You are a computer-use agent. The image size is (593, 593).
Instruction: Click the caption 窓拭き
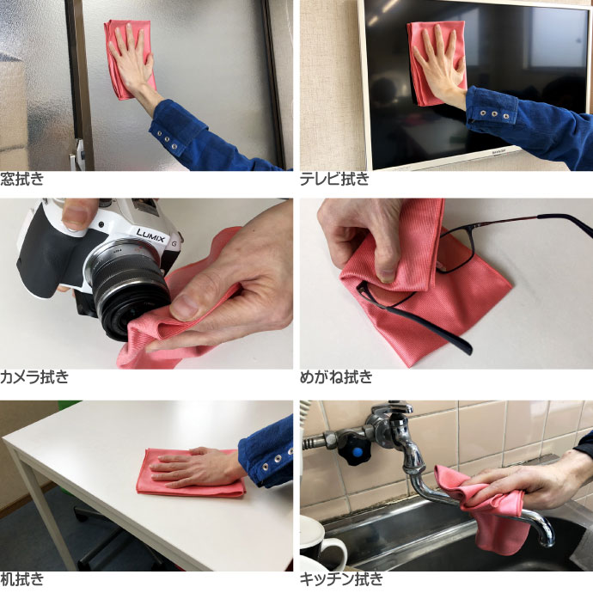(22, 179)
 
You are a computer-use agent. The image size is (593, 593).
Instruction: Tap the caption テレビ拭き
(334, 179)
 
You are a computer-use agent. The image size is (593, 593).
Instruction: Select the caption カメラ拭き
(34, 377)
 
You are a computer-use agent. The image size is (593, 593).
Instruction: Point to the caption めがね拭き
(336, 377)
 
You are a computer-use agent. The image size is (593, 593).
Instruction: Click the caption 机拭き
(22, 579)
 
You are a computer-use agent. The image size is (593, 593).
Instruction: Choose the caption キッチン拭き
(341, 579)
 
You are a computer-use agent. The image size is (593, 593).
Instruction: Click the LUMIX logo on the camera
(150, 235)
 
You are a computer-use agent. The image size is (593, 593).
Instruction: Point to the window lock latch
(78, 154)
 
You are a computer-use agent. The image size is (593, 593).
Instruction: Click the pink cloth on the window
(130, 59)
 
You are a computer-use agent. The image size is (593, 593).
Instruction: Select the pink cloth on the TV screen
(436, 63)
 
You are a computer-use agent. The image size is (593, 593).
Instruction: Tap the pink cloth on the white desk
(191, 473)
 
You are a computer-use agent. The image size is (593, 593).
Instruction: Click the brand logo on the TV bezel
(500, 150)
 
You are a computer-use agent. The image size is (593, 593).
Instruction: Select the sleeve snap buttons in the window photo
(167, 139)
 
